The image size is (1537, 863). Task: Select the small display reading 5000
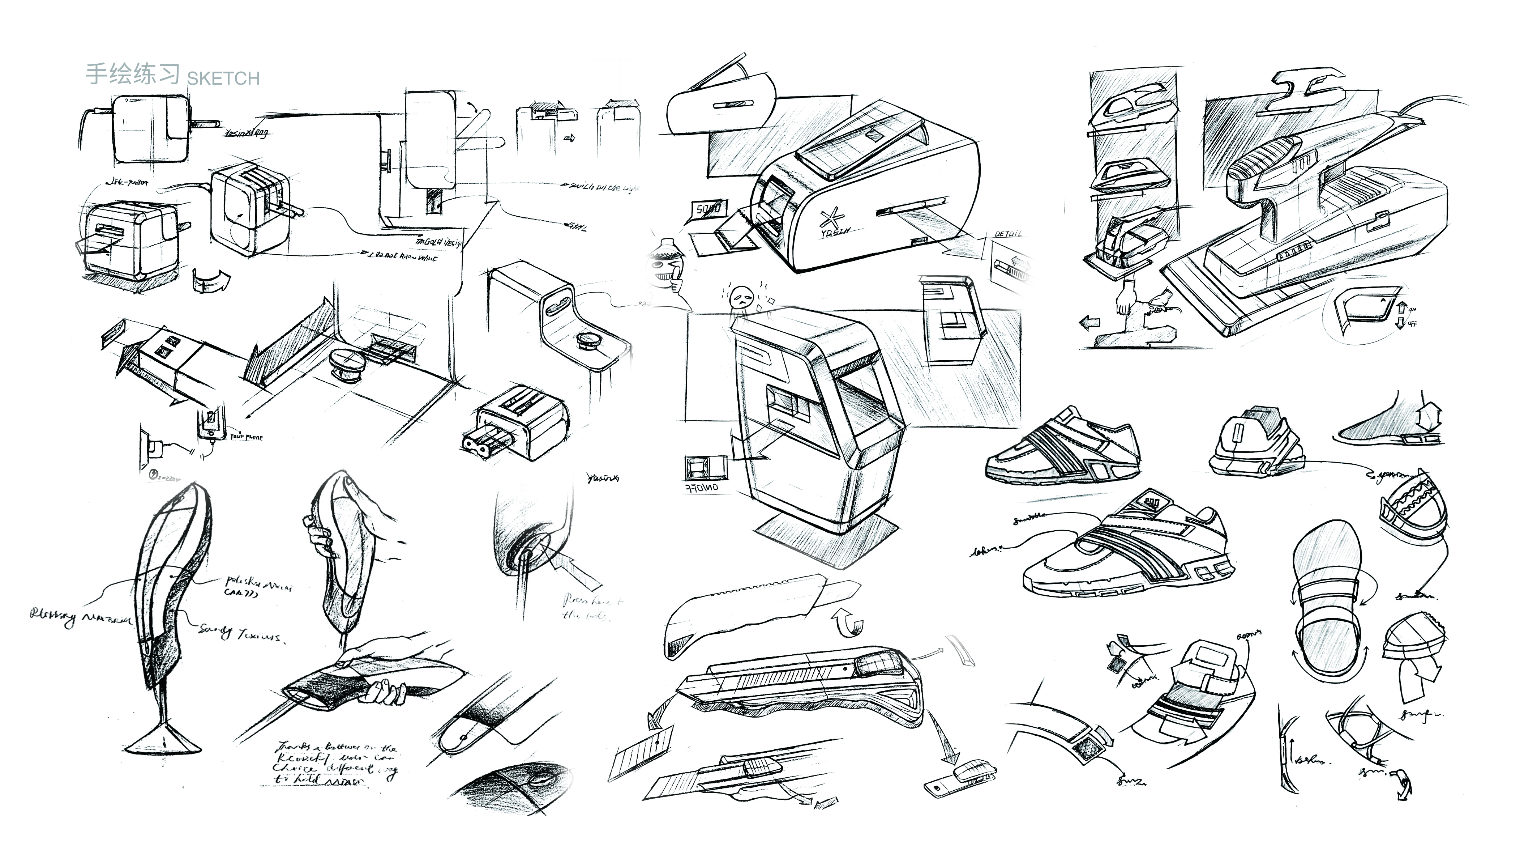708,209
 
